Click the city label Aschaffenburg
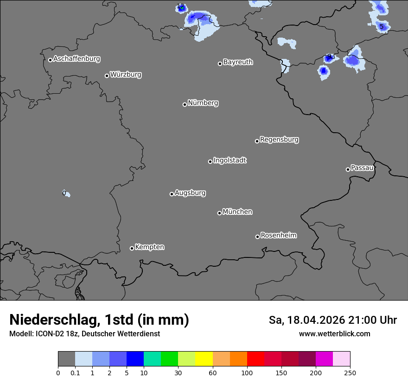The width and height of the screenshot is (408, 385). pyautogui.click(x=76, y=59)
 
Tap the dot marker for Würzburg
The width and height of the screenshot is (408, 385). pyautogui.click(x=107, y=76)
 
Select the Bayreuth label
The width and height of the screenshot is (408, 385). pyautogui.click(x=238, y=62)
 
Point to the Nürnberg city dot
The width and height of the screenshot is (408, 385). pyautogui.click(x=185, y=104)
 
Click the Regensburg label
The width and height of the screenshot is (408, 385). pyautogui.click(x=279, y=140)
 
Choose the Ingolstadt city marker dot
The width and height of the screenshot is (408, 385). pyautogui.click(x=210, y=161)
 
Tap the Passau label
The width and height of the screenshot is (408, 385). pyautogui.click(x=362, y=168)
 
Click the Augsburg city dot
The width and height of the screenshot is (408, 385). pyautogui.click(x=172, y=194)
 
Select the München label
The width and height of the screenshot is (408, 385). pyautogui.click(x=237, y=212)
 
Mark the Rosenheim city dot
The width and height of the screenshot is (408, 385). pyautogui.click(x=257, y=237)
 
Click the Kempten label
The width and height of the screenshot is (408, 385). pyautogui.click(x=149, y=247)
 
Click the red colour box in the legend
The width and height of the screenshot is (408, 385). pyautogui.click(x=255, y=359)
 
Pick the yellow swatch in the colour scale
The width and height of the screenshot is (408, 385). pyautogui.click(x=204, y=359)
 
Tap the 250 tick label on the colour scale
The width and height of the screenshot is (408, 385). pyautogui.click(x=350, y=372)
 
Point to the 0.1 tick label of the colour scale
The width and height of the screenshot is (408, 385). pyautogui.click(x=75, y=372)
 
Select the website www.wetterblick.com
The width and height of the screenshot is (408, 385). pyautogui.click(x=334, y=334)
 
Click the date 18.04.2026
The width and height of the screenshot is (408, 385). pyautogui.click(x=316, y=320)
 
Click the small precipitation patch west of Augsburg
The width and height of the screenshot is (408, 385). pyautogui.click(x=66, y=193)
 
